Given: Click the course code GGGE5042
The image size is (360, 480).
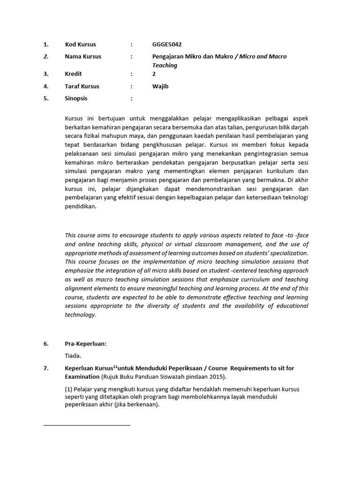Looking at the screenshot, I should tap(167, 45).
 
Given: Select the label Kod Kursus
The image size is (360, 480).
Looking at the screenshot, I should tap(80, 45).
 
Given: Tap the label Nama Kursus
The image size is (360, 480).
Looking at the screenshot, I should tap(83, 56).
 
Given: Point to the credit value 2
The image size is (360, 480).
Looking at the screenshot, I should tap(154, 74).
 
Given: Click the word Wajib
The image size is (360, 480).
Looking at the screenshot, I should tap(160, 86).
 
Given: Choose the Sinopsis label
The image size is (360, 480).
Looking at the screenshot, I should tap(76, 98).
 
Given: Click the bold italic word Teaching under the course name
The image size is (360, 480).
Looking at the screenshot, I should tap(165, 65).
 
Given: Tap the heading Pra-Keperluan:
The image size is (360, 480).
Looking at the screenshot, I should tap(86, 344).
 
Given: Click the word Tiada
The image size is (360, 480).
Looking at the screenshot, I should tap(73, 356).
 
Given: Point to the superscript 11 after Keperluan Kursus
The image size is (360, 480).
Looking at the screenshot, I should tap(114, 367).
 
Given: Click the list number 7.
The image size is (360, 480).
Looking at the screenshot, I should tap(45, 368).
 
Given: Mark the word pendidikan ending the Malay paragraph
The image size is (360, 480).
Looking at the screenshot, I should tap(80, 206).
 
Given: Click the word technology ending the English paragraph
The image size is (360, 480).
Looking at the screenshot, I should tap(80, 315).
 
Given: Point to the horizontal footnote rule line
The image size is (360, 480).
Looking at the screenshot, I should tap(87, 425).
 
